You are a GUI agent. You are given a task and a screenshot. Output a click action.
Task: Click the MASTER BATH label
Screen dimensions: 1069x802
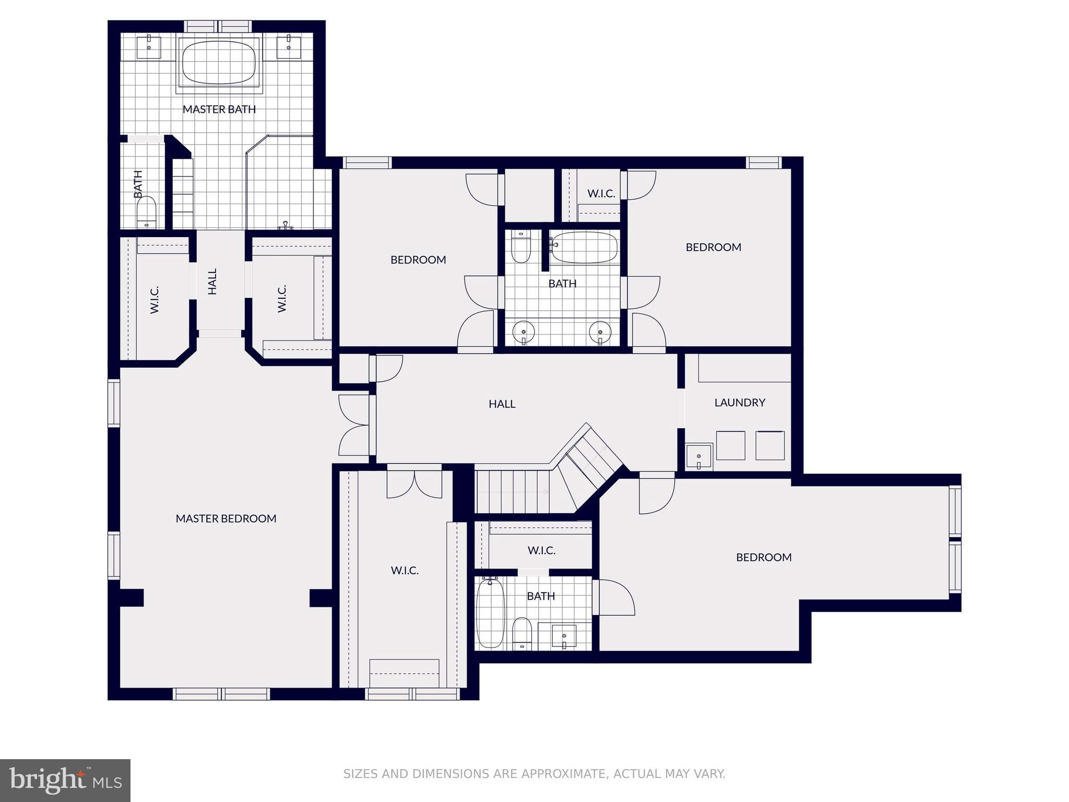(219, 109)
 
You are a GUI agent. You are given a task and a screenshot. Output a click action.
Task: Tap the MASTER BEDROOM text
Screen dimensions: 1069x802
(226, 518)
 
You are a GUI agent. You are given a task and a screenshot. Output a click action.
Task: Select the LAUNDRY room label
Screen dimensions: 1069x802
(740, 403)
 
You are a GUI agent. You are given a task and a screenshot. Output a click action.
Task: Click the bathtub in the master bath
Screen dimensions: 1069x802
(219, 62)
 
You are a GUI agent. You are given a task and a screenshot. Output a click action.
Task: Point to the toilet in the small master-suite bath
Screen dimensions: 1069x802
(147, 211)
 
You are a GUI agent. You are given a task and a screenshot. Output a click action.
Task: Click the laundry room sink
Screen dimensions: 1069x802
(699, 457)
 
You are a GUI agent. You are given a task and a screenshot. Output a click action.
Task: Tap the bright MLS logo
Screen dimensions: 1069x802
(65, 780)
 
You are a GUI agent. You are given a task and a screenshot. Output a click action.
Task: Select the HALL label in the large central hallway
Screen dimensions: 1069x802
(502, 404)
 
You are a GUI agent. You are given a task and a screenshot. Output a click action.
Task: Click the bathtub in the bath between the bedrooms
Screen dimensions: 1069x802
(585, 247)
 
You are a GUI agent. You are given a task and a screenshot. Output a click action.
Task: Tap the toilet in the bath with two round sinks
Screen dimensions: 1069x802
(520, 246)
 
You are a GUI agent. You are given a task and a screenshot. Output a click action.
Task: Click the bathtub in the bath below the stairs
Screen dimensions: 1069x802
(490, 613)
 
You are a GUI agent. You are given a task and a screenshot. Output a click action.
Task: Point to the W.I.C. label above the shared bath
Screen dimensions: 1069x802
(601, 194)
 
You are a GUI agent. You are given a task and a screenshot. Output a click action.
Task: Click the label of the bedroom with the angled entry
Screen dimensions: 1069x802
(764, 557)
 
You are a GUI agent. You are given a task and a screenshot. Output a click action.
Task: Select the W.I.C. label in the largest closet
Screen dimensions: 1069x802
(405, 570)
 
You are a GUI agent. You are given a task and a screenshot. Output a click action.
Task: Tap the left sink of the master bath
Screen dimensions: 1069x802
(149, 46)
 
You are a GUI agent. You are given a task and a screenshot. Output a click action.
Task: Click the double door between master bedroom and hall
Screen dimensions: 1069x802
(355, 425)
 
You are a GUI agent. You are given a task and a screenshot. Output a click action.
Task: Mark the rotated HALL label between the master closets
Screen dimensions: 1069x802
(212, 281)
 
